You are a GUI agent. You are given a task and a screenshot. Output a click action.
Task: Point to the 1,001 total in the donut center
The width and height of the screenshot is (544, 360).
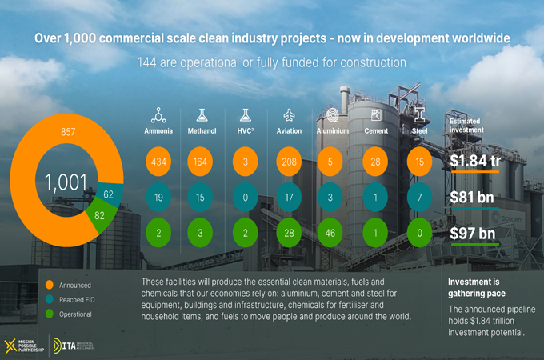[66, 182]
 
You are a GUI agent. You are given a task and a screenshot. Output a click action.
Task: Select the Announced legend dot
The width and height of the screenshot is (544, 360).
[50, 284]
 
